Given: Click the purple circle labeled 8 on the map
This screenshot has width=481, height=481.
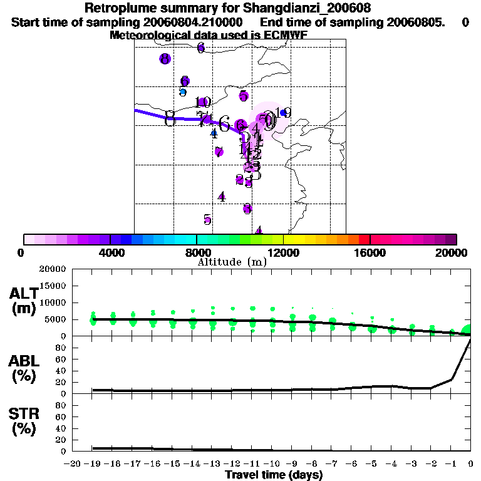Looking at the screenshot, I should tap(165, 59).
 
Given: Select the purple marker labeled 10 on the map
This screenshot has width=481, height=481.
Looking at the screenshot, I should tap(204, 102).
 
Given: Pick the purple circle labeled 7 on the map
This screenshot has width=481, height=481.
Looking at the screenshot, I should tap(219, 152).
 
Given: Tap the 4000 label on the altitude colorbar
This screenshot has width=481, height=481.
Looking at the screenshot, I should tap(110, 252).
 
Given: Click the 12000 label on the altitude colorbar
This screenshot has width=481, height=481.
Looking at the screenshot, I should tap(284, 252).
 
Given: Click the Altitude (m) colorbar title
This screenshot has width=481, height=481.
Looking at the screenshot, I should tap(232, 262).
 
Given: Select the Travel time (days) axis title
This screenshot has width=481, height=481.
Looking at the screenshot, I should tap(274, 475).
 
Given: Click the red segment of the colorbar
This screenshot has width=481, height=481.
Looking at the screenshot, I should tap(365, 239).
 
